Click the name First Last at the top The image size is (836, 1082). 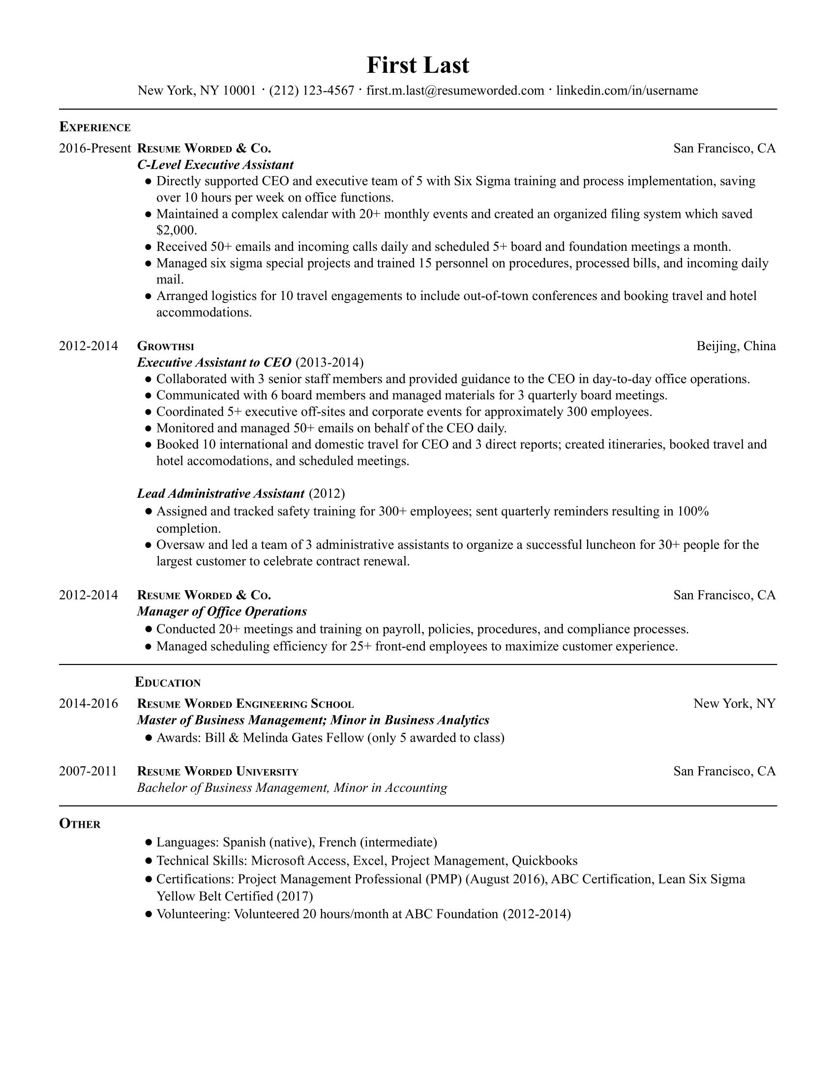click(418, 65)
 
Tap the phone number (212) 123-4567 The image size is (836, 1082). click(311, 90)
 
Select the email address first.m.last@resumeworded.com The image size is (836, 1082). click(455, 90)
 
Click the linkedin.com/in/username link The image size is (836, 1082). click(627, 90)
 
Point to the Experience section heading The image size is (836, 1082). click(95, 127)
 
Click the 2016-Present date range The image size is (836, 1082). click(94, 148)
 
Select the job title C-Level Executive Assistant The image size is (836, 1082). click(215, 165)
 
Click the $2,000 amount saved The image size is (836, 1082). click(176, 230)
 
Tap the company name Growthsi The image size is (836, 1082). click(165, 346)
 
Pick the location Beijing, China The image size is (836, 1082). click(736, 346)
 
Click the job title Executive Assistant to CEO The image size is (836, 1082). click(214, 362)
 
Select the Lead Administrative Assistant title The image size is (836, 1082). click(221, 493)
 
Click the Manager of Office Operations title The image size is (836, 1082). click(222, 611)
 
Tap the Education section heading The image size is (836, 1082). click(168, 683)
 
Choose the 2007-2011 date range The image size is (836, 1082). click(88, 771)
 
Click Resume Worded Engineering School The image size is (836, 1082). click(245, 703)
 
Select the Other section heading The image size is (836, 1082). click(80, 824)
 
